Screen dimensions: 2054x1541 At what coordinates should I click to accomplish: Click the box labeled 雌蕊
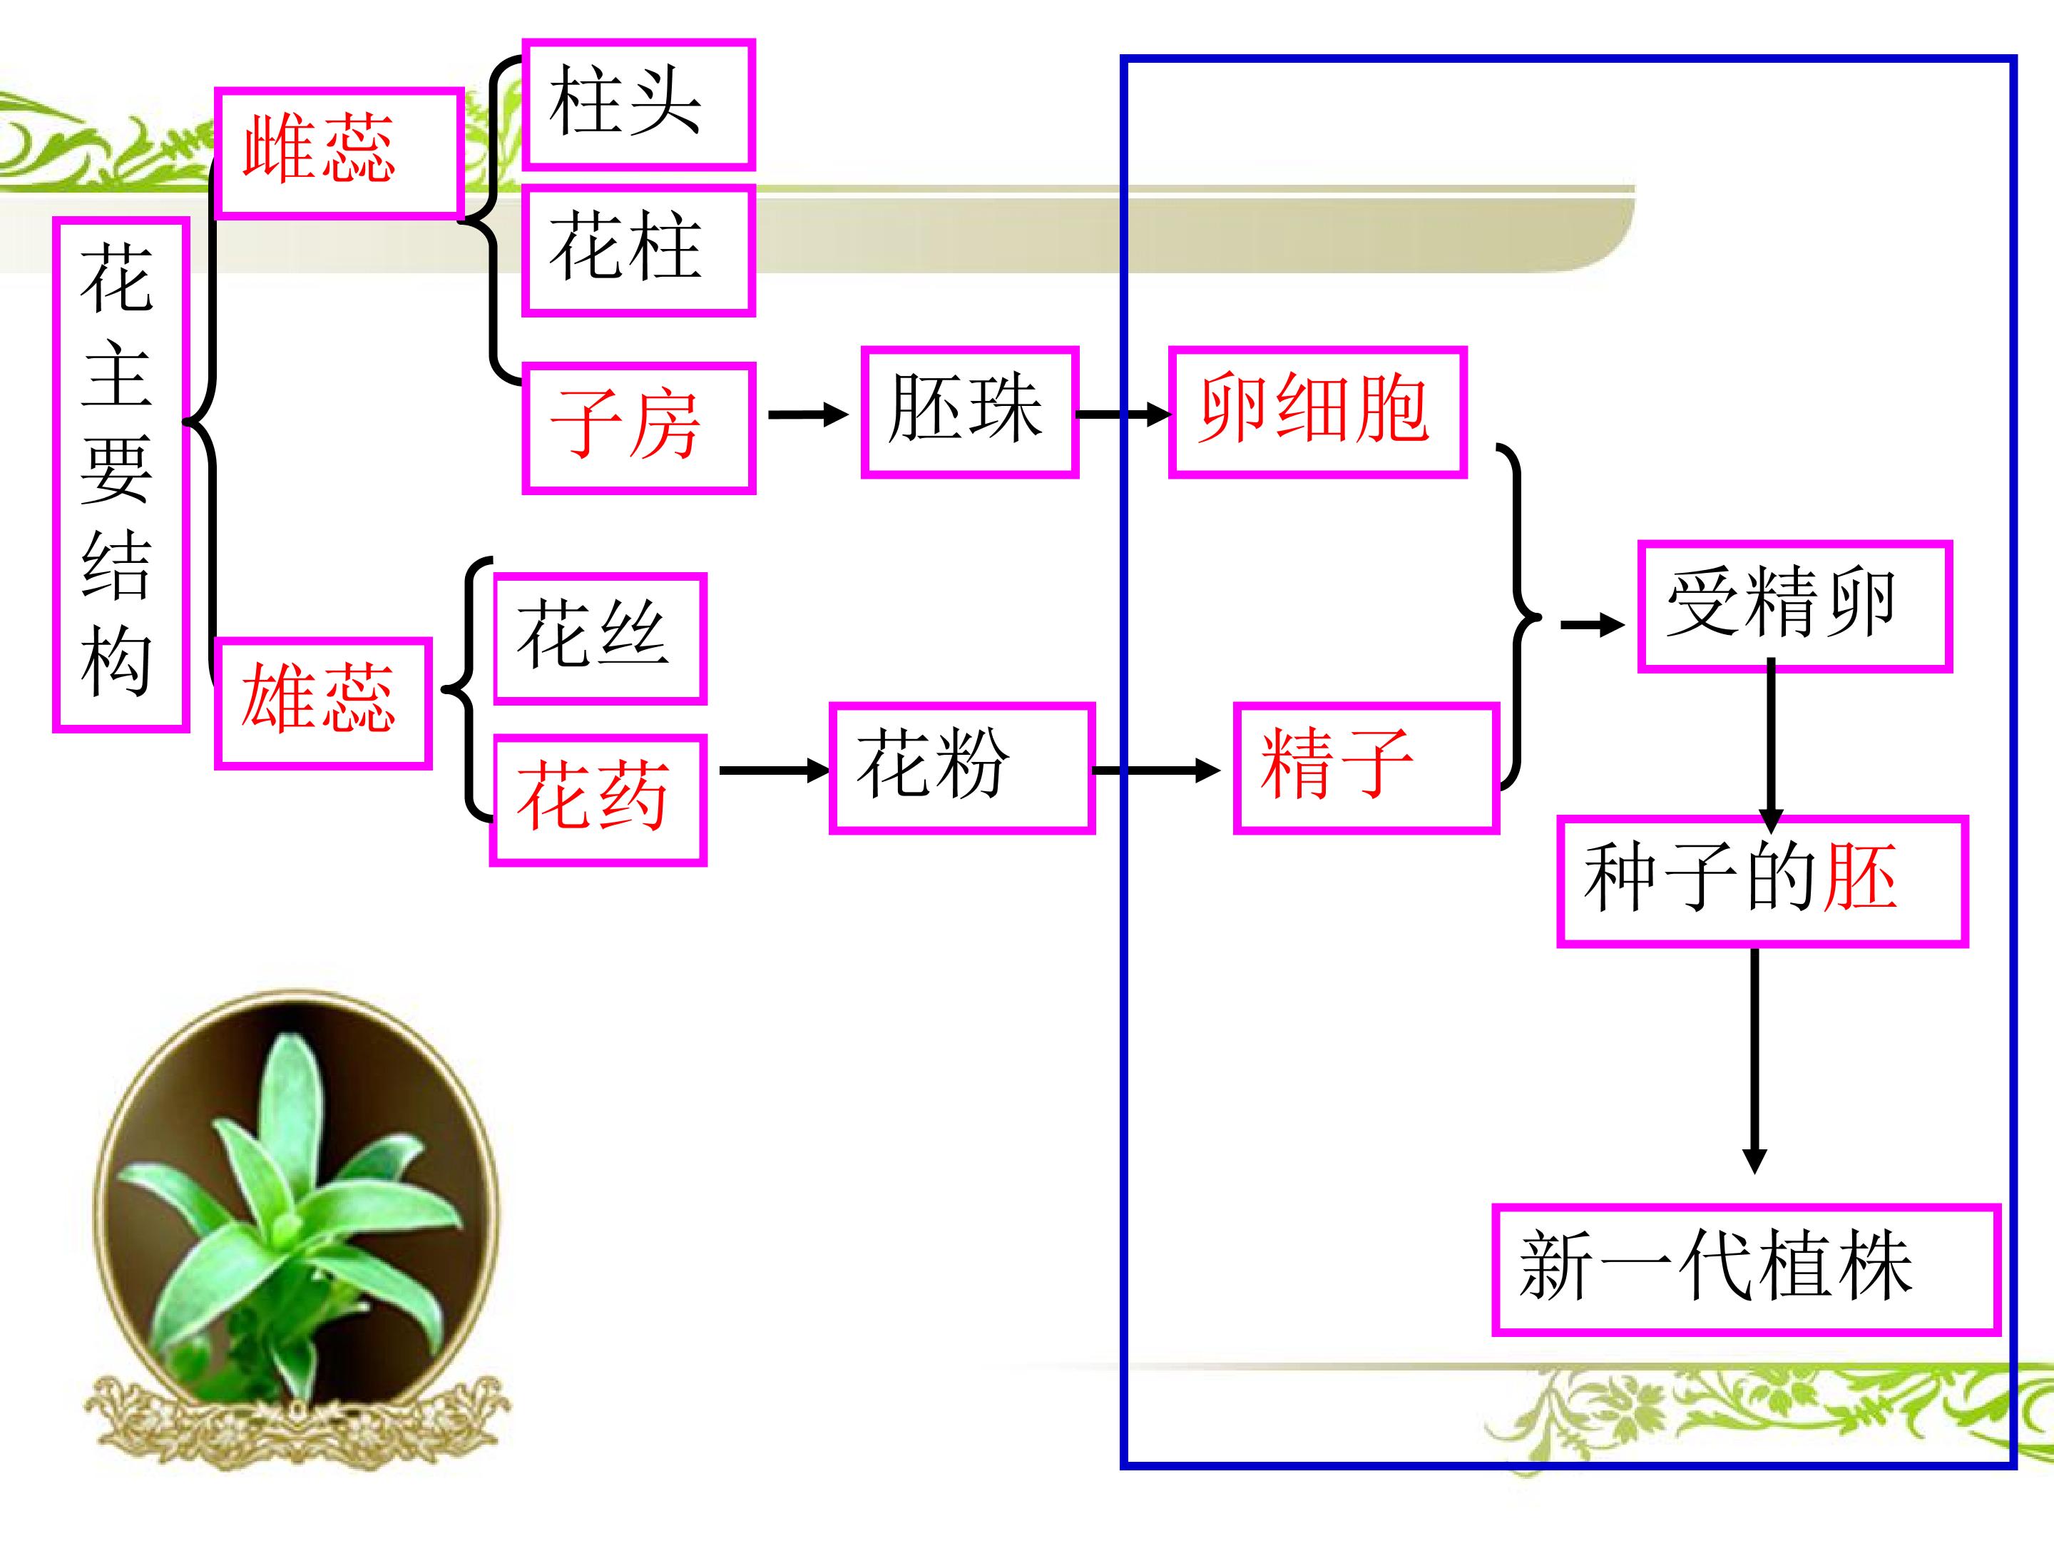click(x=339, y=153)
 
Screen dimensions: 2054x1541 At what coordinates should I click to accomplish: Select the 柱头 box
click(x=638, y=104)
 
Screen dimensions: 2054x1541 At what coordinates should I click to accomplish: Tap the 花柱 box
click(x=638, y=250)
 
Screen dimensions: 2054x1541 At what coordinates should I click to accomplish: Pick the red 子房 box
click(x=638, y=427)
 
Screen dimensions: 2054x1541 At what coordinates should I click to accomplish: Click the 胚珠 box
click(x=969, y=412)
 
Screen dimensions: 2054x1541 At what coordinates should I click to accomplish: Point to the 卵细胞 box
click(x=1317, y=412)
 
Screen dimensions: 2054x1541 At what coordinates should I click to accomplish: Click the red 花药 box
click(x=598, y=800)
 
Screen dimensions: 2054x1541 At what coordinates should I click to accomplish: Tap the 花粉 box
click(x=961, y=768)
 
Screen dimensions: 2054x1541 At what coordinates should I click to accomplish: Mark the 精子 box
click(x=1366, y=768)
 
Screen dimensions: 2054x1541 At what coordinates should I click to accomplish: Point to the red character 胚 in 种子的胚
click(x=1859, y=877)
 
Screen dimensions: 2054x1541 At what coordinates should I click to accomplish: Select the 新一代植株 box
click(x=1746, y=1270)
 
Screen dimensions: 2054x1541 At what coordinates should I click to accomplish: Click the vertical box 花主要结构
click(x=121, y=474)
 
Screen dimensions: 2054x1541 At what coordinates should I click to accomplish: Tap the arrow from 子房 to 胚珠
click(x=808, y=415)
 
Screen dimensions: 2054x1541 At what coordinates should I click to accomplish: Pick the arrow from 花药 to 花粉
click(x=775, y=770)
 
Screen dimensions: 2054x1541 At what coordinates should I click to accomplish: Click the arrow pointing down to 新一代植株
click(x=1754, y=1061)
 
